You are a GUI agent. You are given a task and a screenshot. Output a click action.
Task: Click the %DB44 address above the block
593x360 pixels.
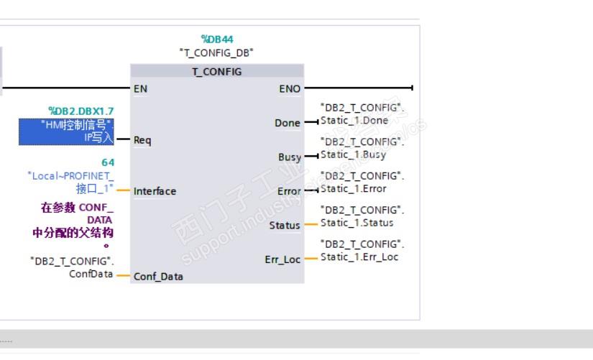coord(217,40)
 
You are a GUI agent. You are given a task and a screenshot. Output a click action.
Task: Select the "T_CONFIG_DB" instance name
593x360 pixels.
coord(216,52)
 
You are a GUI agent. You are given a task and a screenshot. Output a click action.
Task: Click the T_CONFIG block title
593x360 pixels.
coord(217,72)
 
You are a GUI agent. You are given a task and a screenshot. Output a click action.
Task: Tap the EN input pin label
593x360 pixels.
coord(140,89)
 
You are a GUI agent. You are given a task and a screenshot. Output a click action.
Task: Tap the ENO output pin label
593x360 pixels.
coord(290,89)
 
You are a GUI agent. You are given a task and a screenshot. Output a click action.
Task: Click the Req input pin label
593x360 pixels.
coord(142,140)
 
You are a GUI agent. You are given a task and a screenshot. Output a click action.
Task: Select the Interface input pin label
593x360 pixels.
coord(155,191)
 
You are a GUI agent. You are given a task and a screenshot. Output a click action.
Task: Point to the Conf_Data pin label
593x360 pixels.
coord(158,277)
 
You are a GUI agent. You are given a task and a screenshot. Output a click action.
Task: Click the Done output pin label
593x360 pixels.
coord(287,123)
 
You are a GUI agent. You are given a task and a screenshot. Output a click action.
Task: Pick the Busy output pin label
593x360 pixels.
coord(289,157)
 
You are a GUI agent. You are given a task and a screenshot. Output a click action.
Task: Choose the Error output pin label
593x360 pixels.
coord(289,191)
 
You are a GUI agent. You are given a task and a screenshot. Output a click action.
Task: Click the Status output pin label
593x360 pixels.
coord(285,226)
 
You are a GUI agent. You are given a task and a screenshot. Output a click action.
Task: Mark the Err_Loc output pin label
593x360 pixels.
coord(282,259)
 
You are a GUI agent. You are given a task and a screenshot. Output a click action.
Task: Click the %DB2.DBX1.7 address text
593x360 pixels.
coord(81,111)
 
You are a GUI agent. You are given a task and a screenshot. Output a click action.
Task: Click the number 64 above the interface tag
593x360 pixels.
coord(107,163)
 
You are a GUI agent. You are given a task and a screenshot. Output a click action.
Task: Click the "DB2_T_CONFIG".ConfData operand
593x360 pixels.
coord(72,267)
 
